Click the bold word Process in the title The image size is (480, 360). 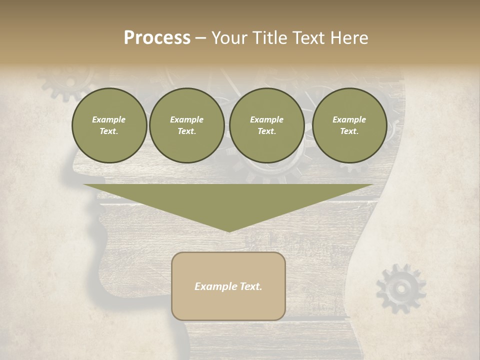(157, 37)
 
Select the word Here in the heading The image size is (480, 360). (349, 37)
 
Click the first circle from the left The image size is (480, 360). (109, 125)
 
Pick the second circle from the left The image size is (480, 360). (187, 125)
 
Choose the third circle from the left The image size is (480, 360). (266, 125)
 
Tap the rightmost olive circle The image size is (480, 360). (349, 125)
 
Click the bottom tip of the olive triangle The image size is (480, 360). (229, 230)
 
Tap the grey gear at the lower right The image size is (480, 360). (400, 289)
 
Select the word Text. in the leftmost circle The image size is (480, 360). (109, 131)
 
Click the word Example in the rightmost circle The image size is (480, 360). (349, 119)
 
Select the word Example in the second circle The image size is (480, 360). (187, 119)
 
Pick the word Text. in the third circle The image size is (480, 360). (266, 131)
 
